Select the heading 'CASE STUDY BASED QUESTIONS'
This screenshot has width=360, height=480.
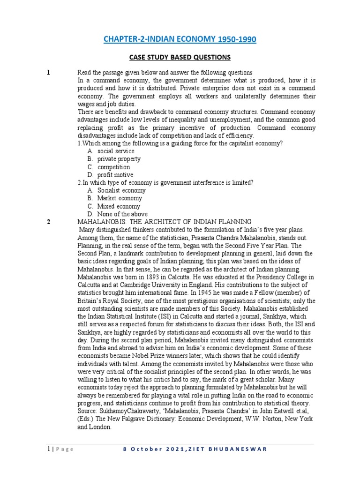tap(180, 57)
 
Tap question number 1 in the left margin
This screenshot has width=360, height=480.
tap(48, 72)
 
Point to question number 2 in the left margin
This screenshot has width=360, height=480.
tap(48, 222)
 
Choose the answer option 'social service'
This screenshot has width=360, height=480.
tap(116, 151)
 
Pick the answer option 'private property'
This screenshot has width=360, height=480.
tap(119, 159)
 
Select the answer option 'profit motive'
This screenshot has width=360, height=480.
tap(115, 175)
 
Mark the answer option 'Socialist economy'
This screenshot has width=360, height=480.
tap(121, 190)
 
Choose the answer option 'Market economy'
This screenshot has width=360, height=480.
tap(120, 198)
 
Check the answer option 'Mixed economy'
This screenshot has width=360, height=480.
tap(119, 206)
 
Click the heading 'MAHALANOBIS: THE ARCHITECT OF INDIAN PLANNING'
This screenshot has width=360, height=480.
tap(165, 222)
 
